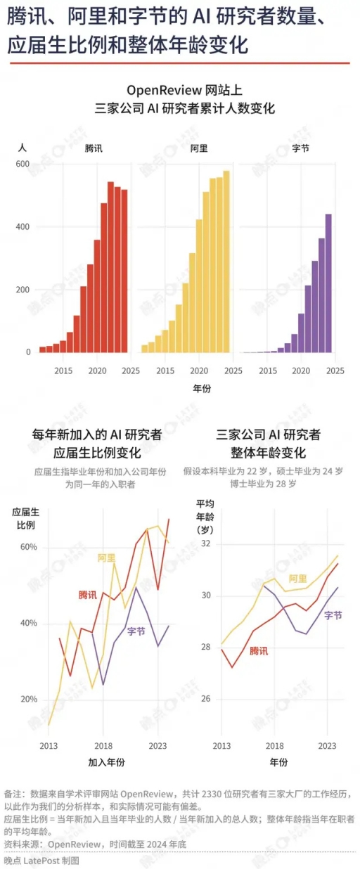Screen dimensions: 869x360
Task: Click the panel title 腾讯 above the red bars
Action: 93,149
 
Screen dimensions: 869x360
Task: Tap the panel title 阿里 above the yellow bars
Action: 198,149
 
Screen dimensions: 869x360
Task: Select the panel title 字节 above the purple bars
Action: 300,149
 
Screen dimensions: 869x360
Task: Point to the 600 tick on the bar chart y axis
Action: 22,164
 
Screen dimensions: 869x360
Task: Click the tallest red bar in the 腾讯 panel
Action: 110,267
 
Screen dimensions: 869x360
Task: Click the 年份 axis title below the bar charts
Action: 202,388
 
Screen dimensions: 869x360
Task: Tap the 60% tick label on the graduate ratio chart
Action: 28,548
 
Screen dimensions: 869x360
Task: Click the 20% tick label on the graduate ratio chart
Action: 28,699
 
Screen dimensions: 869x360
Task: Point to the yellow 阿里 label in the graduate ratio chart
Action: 107,558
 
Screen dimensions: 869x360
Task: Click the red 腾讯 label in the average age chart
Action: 259,651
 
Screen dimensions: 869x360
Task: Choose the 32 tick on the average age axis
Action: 205,544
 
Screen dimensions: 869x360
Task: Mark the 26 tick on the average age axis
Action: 205,699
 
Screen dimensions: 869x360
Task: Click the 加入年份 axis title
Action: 105,762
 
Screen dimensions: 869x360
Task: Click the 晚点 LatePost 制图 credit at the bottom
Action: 41,860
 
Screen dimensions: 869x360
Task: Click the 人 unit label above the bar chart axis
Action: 22,148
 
